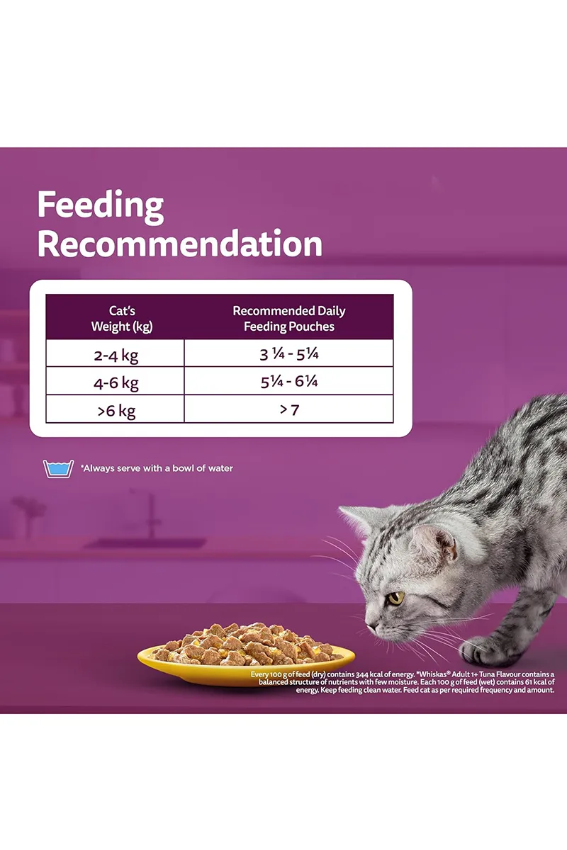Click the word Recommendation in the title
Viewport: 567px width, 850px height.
180,244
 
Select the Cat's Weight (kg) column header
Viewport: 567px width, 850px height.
122,318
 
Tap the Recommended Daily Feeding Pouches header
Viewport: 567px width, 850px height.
289,318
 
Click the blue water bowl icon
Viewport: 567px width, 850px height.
58,469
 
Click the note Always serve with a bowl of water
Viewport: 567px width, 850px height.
157,468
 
